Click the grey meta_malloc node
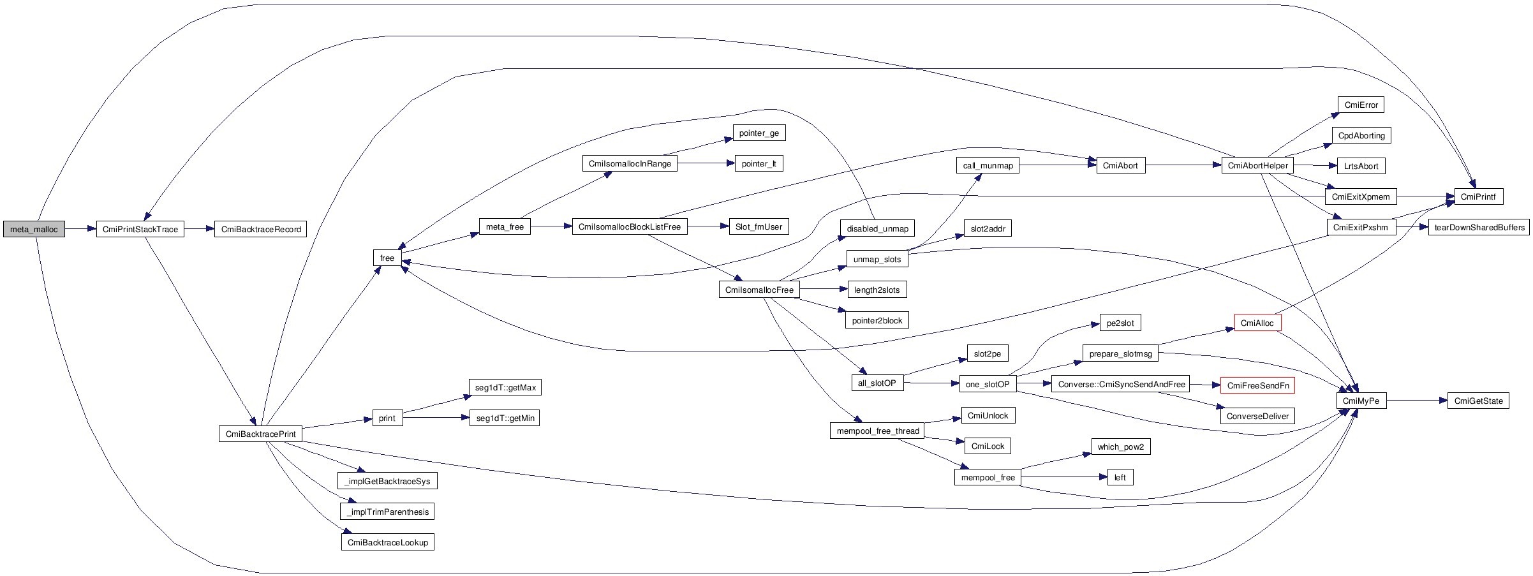click(34, 229)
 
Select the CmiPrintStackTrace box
click(140, 229)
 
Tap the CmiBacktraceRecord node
click(261, 229)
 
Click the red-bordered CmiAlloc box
click(1257, 323)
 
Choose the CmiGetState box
click(1478, 401)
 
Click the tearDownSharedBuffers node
click(1479, 227)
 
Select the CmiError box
click(1361, 105)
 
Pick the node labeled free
click(387, 258)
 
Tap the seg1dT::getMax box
click(505, 387)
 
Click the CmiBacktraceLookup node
click(388, 542)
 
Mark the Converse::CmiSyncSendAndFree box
click(1121, 384)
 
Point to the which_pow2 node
click(1121, 447)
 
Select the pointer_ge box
click(759, 133)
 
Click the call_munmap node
click(988, 165)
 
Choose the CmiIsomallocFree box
click(759, 290)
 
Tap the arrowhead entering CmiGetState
click(1443, 401)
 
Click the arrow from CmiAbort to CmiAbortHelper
click(1183, 165)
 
